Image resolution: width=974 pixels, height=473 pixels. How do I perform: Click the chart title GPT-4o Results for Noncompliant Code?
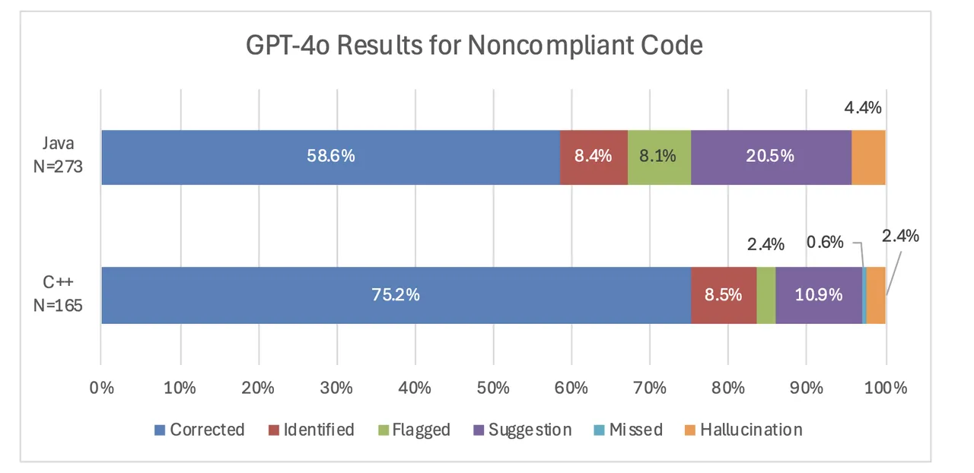click(473, 46)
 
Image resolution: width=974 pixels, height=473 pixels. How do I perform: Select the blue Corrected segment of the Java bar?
click(330, 157)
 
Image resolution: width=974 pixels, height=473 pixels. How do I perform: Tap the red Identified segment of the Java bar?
click(594, 157)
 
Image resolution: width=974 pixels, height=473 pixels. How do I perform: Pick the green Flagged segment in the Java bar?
click(659, 157)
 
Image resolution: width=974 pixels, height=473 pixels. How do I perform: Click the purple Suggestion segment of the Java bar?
click(771, 157)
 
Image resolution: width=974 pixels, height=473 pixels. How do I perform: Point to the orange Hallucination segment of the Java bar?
click(868, 157)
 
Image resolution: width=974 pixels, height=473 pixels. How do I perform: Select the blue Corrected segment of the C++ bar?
click(396, 295)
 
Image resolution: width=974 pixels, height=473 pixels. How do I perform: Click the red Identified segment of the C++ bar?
click(724, 295)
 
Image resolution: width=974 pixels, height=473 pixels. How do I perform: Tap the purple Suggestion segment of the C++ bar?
click(819, 295)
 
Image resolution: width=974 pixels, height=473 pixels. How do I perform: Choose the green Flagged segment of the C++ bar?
click(766, 295)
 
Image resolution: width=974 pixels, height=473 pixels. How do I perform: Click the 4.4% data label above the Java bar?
click(862, 108)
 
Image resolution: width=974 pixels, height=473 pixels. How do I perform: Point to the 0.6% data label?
click(825, 242)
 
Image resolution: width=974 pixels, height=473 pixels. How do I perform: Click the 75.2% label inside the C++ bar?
click(396, 295)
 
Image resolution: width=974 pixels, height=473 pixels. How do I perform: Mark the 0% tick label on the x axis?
click(101, 387)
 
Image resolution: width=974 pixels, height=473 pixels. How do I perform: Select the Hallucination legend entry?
click(743, 430)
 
